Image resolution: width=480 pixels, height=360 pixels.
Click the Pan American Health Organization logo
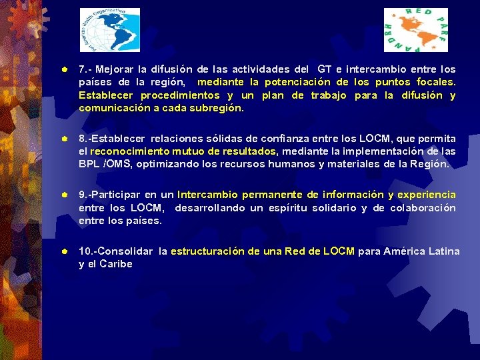coord(110,30)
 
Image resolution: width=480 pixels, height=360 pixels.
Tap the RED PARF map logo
coord(415,30)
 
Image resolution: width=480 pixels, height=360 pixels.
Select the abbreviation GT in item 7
coord(325,69)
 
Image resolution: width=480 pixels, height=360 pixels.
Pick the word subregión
coord(216,108)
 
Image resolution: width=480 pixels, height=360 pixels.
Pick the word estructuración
coord(207,251)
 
